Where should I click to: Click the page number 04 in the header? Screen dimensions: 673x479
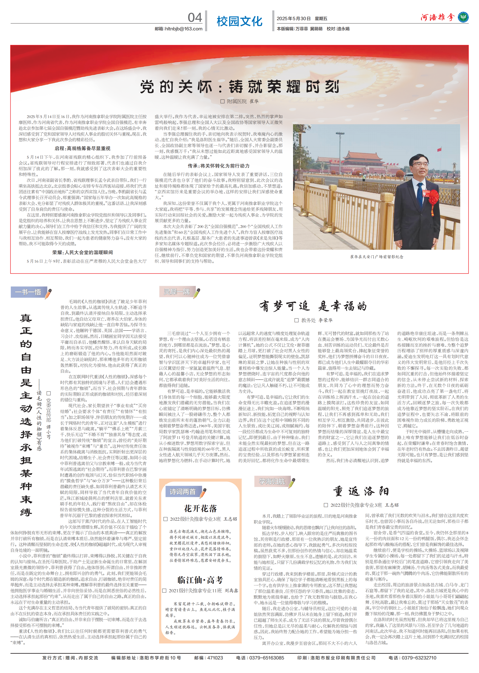195,18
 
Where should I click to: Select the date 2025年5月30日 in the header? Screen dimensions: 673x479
293,19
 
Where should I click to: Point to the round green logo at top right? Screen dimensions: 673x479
463,17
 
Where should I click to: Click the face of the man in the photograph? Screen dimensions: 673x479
418,165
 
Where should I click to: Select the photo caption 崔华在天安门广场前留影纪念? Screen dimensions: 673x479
376,257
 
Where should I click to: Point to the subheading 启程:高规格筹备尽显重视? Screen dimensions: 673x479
83,148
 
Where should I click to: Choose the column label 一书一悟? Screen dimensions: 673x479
28,292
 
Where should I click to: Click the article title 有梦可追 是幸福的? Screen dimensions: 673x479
313,306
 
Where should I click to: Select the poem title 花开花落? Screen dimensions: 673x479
200,508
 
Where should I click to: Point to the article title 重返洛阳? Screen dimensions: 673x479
361,492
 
